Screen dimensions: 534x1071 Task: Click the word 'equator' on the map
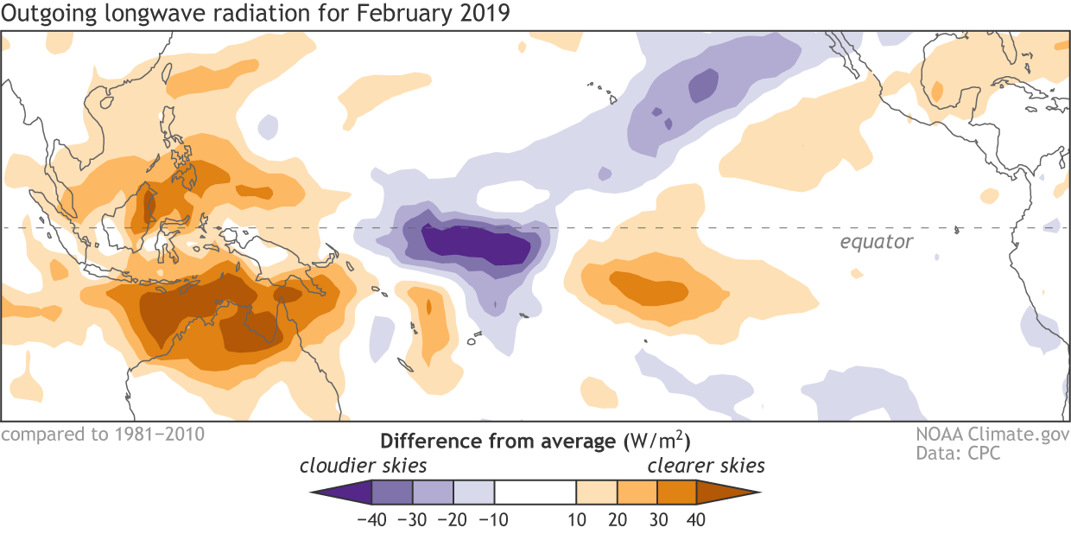(x=876, y=242)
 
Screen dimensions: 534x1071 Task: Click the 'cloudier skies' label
(x=364, y=467)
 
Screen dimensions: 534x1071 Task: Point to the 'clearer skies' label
(x=707, y=467)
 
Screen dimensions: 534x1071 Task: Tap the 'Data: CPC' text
(x=959, y=453)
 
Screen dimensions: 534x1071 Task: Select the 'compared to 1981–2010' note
(x=103, y=434)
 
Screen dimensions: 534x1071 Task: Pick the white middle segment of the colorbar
(x=535, y=493)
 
